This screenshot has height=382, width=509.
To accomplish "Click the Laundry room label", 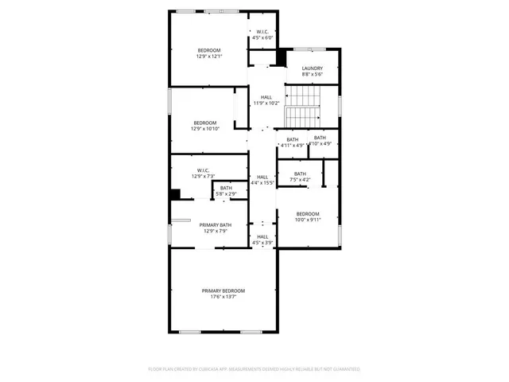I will pos(312,68).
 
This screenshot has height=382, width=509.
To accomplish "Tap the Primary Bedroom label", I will pos(223,291).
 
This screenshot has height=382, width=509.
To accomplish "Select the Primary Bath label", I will pos(214,225).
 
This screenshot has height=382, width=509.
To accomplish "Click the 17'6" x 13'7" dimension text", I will pos(223,298).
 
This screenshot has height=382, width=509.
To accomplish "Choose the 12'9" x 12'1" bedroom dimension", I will pos(209,57).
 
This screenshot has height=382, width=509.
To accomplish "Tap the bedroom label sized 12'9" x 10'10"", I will pos(204,123).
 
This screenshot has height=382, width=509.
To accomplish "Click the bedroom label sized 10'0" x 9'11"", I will pos(308,213).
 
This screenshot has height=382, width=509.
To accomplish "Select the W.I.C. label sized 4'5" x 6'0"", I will pos(262,32).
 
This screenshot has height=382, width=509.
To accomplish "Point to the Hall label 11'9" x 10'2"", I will pos(265,97).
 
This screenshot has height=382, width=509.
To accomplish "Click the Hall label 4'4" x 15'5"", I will pos(262,177).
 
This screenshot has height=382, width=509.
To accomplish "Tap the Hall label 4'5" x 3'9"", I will pos(262,236).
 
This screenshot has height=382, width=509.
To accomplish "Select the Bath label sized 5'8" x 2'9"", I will pos(227,188).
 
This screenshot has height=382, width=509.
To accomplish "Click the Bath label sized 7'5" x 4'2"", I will pos(300,173).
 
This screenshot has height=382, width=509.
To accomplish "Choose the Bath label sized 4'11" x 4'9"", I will pos(293,139).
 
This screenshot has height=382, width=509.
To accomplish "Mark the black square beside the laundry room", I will pos(280,57).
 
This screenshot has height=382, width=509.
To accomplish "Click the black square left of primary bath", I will pos(176,194).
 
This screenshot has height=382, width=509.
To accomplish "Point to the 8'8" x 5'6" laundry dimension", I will pos(312,75).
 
